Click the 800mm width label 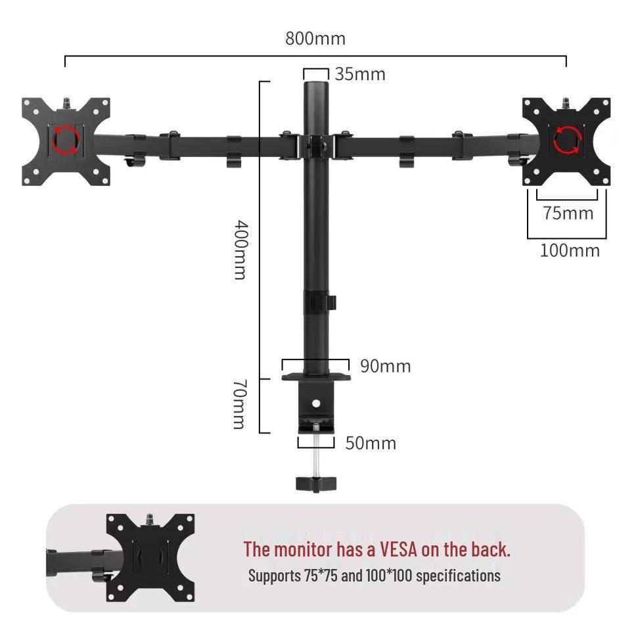click(315, 39)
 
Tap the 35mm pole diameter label click(360, 74)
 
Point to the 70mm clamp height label click(239, 405)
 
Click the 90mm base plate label click(385, 366)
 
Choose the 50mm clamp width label click(371, 443)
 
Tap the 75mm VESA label click(568, 213)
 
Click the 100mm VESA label click(570, 250)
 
